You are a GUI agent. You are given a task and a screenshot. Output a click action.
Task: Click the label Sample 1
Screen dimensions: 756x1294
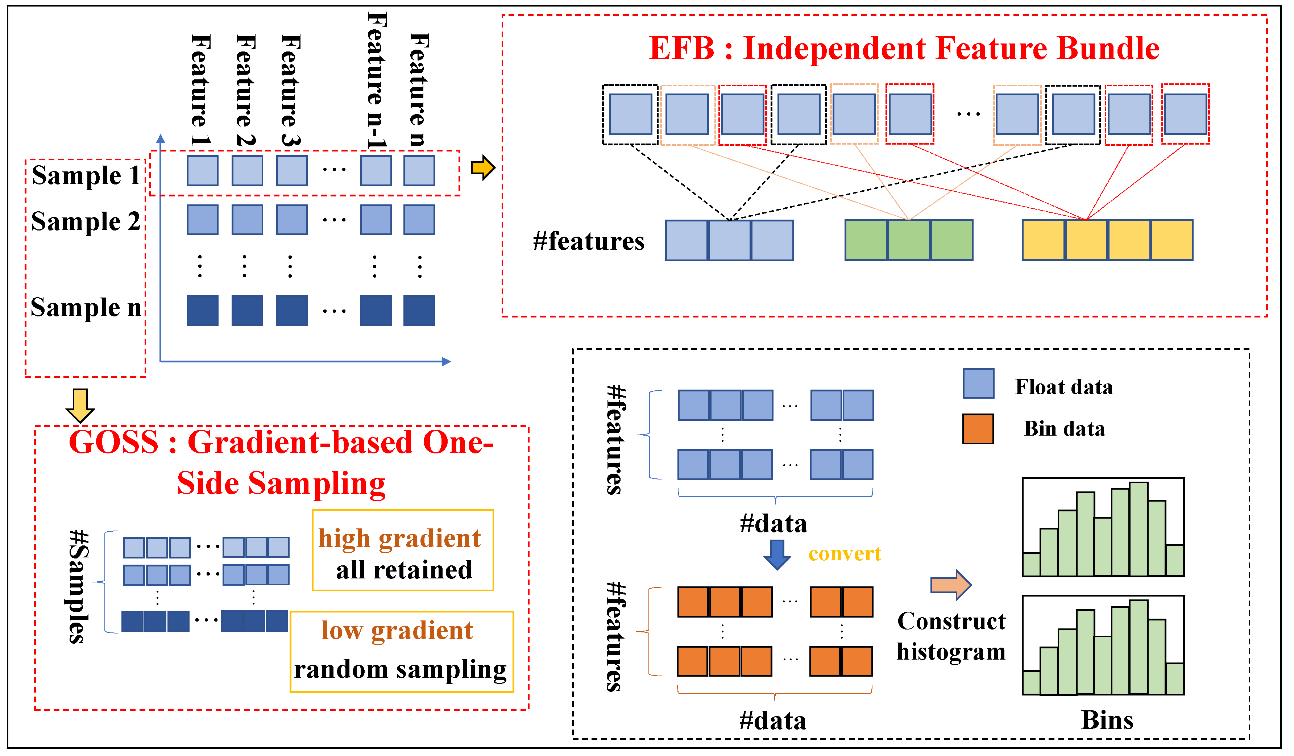coord(86,176)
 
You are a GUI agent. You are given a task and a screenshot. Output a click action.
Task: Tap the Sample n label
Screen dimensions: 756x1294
coord(86,308)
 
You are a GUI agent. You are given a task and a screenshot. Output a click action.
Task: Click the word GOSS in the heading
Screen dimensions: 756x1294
coord(114,443)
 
